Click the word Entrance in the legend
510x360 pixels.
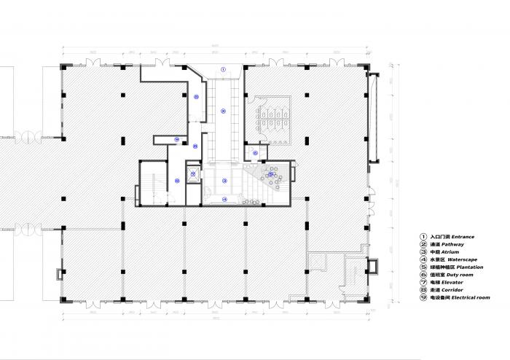(x=463, y=237)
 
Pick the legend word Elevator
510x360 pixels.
(x=452, y=283)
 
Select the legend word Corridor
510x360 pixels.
(x=452, y=290)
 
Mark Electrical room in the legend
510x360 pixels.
(x=470, y=298)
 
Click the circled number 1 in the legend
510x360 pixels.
(x=422, y=237)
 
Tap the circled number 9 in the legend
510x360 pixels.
(x=422, y=298)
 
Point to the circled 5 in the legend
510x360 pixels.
(x=422, y=267)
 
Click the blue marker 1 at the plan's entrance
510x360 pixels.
(x=224, y=68)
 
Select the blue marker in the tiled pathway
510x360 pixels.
(x=224, y=110)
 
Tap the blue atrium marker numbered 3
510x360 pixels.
(x=224, y=180)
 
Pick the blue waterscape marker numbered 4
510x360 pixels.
(x=224, y=198)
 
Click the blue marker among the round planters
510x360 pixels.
(x=270, y=174)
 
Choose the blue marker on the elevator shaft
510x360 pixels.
(x=192, y=173)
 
